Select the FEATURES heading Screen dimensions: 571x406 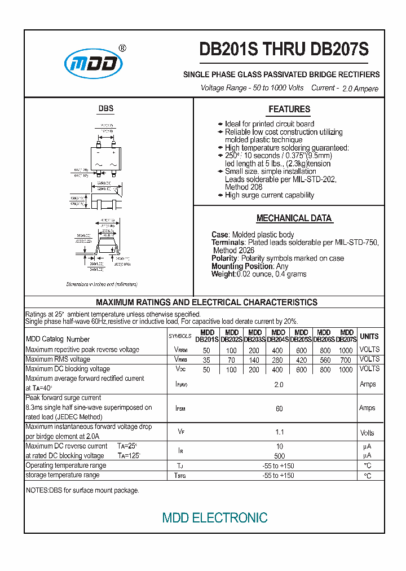click(289, 109)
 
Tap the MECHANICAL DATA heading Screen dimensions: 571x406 click(294, 218)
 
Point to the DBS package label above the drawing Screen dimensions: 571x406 click(106, 108)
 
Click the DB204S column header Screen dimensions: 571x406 click(278, 336)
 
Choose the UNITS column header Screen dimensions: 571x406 click(369, 336)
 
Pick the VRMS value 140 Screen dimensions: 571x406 click(254, 359)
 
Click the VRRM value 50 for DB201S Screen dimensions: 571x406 click(206, 350)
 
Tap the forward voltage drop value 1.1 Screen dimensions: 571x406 click(279, 433)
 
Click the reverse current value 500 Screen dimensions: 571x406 click(279, 455)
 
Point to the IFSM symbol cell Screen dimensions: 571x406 click(180, 408)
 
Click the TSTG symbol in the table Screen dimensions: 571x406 click(180, 476)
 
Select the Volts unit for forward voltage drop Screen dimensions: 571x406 click(367, 433)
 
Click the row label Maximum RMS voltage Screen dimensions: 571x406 click(58, 359)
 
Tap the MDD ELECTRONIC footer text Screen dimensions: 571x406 click(215, 517)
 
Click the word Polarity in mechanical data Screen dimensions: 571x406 click(224, 258)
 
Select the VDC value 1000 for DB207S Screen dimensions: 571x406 click(346, 369)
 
